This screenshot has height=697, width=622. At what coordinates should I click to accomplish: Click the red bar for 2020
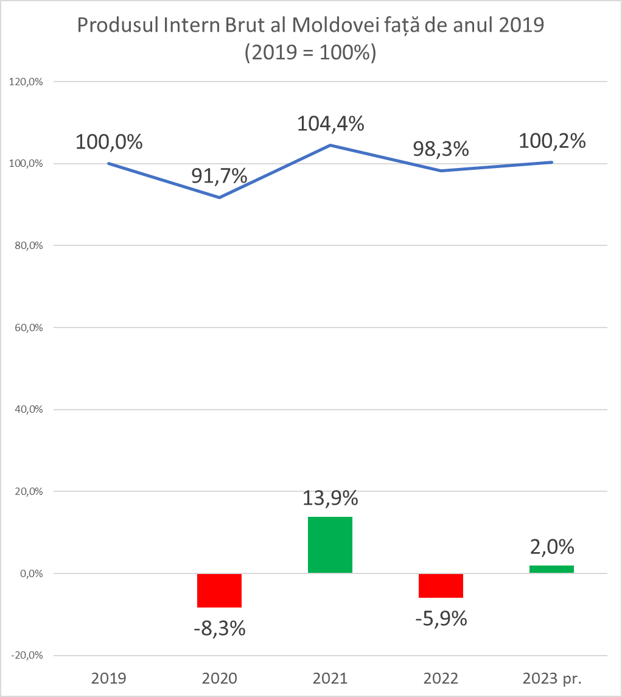[x=220, y=590]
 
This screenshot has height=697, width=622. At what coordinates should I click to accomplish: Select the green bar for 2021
[x=330, y=545]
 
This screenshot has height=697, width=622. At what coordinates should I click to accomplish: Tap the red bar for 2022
[x=441, y=585]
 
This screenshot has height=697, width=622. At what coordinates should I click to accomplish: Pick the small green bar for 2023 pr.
[x=551, y=569]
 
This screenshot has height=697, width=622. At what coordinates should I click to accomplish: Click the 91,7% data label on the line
[x=219, y=176]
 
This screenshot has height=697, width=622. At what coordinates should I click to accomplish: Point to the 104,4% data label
[x=330, y=124]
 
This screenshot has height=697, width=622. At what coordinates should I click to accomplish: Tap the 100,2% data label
[x=552, y=141]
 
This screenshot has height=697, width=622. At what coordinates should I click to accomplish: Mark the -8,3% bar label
[x=220, y=628]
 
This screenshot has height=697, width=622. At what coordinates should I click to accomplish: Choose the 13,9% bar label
[x=330, y=498]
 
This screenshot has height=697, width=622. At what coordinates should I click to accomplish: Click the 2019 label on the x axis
[x=109, y=678]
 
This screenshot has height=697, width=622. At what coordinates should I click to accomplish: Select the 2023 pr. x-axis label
[x=552, y=678]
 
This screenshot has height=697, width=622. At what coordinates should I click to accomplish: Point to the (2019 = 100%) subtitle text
[x=310, y=53]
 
